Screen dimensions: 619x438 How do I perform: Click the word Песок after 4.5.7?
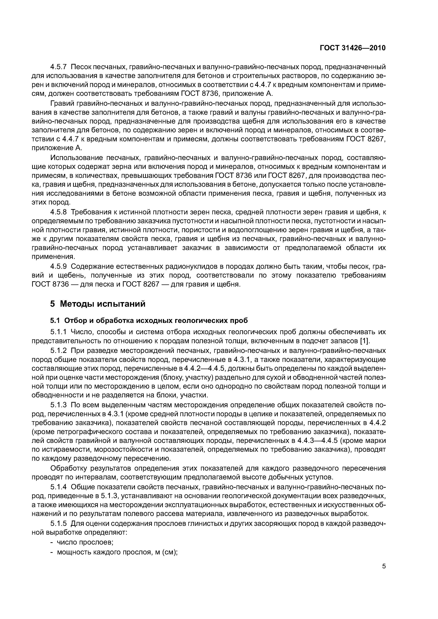coord(81,67)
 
